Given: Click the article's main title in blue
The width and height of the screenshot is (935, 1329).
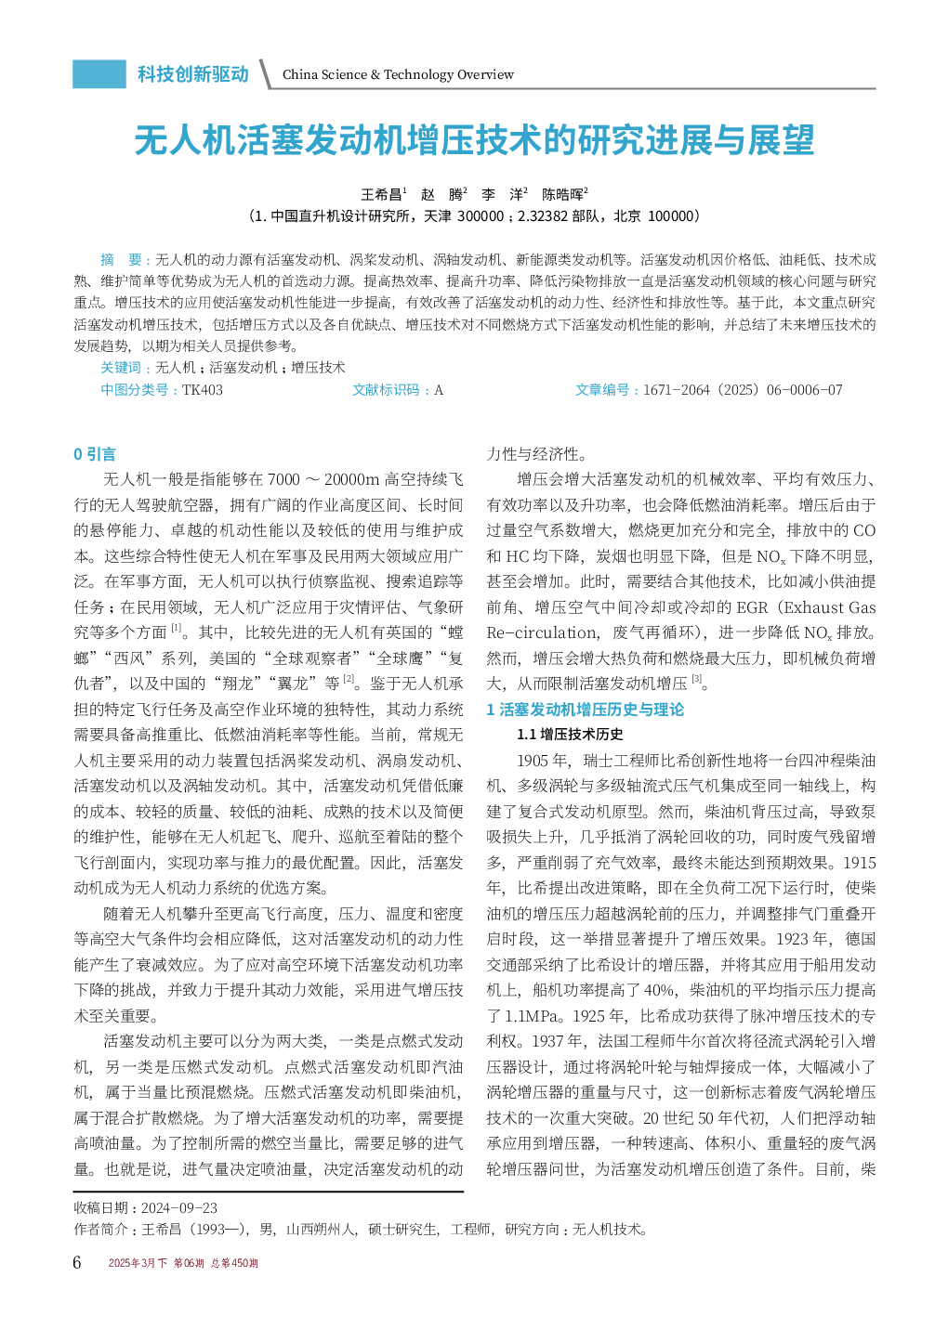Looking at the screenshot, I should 474,141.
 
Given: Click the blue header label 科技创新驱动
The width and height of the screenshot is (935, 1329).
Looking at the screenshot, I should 193,74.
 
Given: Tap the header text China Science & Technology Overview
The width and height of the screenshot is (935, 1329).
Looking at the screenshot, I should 398,74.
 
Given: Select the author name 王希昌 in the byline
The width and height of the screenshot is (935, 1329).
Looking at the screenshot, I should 381,194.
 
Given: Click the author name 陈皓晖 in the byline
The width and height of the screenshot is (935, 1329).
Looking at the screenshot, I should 562,194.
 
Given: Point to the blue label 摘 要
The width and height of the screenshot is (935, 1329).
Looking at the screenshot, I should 121,260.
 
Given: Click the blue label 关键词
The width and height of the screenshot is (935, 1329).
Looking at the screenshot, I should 121,368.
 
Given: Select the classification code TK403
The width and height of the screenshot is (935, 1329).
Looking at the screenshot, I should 203,390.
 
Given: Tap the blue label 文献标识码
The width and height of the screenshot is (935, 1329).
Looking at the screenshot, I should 386,390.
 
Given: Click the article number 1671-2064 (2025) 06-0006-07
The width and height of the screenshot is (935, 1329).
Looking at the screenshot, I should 743,390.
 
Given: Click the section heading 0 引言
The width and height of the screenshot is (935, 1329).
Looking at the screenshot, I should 95,454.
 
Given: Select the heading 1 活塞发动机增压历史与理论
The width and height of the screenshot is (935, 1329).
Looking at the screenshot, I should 586,710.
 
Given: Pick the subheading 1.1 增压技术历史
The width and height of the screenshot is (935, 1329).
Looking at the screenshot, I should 570,735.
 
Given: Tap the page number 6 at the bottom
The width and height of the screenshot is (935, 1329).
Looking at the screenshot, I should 77,1262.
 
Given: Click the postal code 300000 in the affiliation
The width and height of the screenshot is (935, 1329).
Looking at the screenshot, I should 481,216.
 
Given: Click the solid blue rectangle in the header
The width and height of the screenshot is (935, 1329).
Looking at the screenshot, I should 99,74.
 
